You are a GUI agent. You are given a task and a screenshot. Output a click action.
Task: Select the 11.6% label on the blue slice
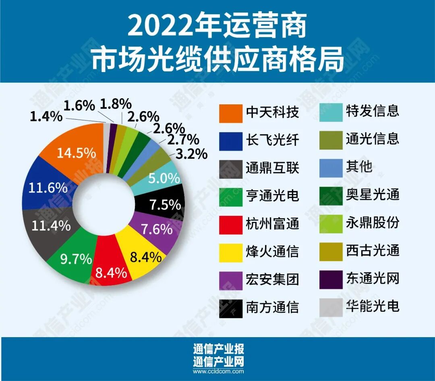[x=48, y=188]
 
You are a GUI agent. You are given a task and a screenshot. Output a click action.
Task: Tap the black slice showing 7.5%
[x=165, y=205]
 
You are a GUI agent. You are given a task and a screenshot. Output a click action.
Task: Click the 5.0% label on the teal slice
[x=163, y=178]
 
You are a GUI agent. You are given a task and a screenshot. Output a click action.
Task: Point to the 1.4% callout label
[x=46, y=117]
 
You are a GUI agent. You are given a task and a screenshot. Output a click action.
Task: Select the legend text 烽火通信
[x=272, y=252]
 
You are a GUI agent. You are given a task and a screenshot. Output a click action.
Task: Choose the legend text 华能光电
[x=373, y=306]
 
